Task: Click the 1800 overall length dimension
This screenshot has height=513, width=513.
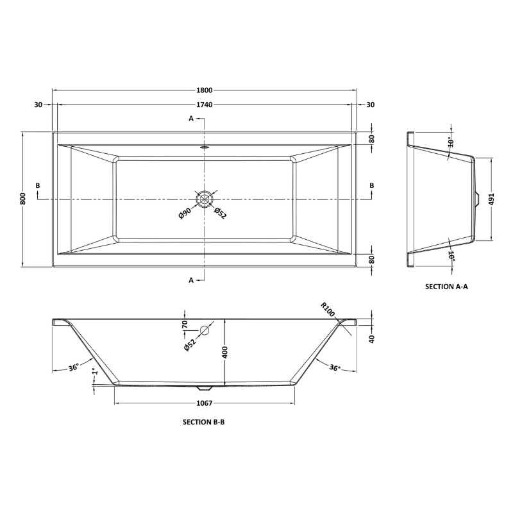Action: coord(205,90)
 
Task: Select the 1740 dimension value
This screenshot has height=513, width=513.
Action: coord(205,105)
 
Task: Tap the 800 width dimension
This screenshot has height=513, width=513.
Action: coord(22,199)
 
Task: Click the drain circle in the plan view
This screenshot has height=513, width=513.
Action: coord(205,199)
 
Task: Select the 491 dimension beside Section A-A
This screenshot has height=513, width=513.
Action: coord(492,199)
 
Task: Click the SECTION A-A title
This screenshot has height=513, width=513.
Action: coord(446,287)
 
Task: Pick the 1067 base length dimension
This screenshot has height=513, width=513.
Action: coord(204,403)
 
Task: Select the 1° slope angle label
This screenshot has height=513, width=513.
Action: coord(94,371)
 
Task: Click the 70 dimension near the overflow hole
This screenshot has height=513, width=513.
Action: coord(185,324)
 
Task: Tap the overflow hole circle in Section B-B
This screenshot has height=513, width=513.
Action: coord(205,331)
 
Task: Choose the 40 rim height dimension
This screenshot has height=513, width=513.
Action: coord(371,339)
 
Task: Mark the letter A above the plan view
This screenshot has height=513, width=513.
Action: coord(191,119)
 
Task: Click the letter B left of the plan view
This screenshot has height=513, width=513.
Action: coord(38,186)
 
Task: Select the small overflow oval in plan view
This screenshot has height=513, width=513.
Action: coord(205,146)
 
